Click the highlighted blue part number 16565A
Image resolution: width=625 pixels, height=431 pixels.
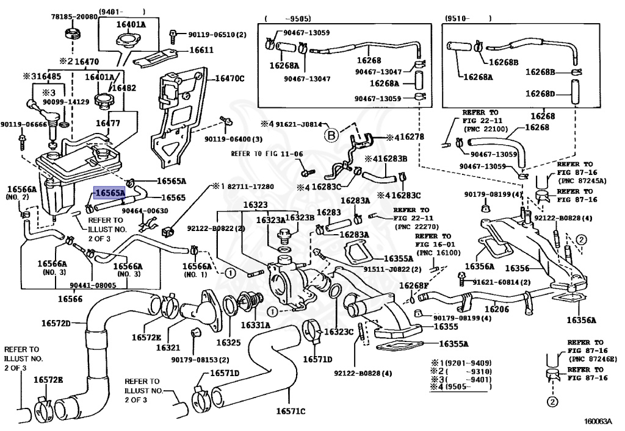[109, 193]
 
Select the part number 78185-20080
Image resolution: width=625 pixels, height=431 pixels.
[74, 17]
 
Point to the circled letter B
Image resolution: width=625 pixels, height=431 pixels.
[330, 134]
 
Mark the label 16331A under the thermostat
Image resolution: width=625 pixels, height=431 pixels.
[255, 326]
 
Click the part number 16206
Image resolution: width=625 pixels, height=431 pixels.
[497, 310]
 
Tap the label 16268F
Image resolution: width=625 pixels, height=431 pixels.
[414, 285]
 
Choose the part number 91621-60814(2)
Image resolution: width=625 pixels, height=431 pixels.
[500, 282]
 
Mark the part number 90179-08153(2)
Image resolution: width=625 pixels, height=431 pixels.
[200, 360]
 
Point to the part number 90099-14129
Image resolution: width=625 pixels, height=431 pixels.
[65, 102]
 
